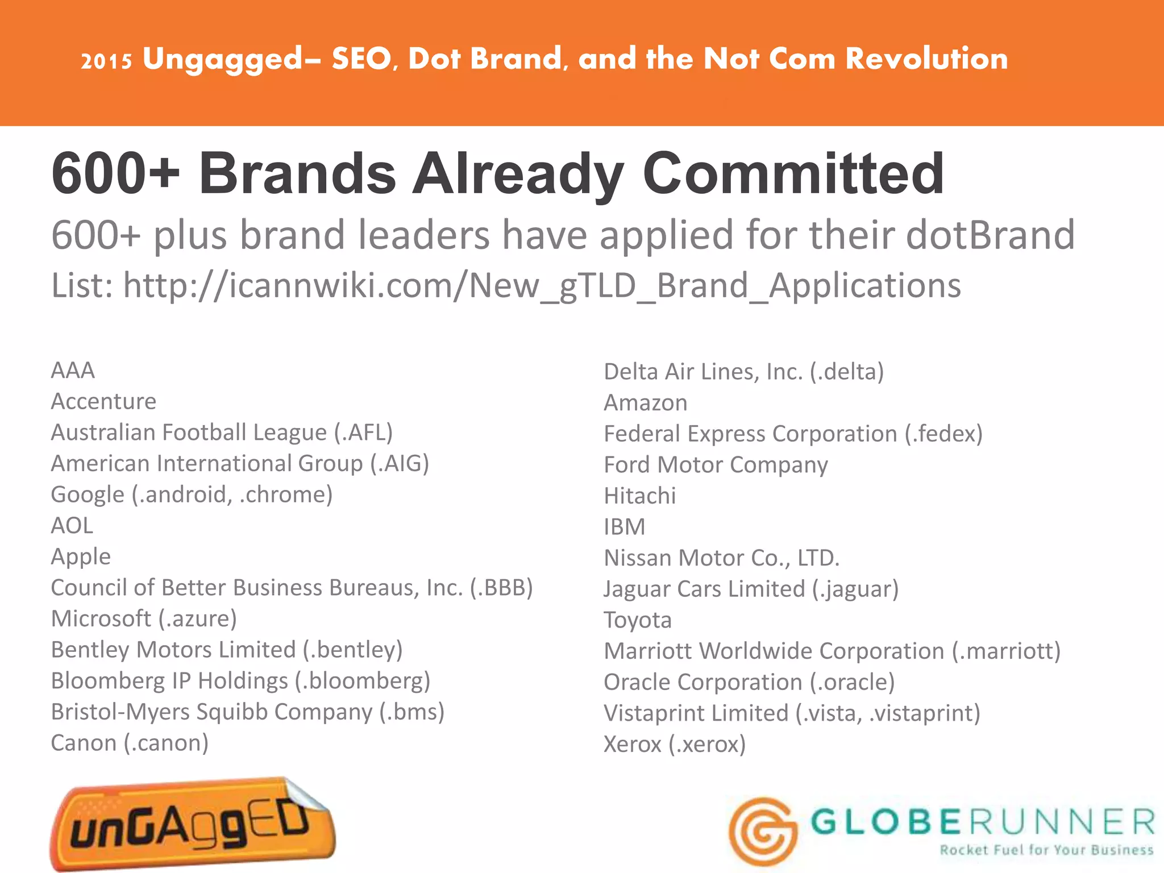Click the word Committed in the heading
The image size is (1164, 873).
point(793,173)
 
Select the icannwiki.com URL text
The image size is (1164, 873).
point(542,285)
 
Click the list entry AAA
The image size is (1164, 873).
point(73,371)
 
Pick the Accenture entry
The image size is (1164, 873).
point(103,401)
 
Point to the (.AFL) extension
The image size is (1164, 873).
point(364,433)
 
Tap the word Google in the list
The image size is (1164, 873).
point(88,494)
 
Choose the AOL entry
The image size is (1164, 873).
point(72,526)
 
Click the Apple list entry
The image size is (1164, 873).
point(81,556)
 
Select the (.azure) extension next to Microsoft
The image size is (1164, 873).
point(197,618)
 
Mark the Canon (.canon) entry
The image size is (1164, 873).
point(130,743)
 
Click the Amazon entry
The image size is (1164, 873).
point(645,403)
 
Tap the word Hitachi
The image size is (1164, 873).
point(640,496)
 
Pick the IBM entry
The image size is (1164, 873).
point(625,527)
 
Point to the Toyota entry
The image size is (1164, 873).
point(638,620)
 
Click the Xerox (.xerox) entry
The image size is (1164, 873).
point(675,744)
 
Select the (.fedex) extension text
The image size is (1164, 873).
point(943,434)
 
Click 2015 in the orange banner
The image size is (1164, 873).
point(106,61)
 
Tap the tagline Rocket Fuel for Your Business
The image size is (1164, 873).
point(1046,850)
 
